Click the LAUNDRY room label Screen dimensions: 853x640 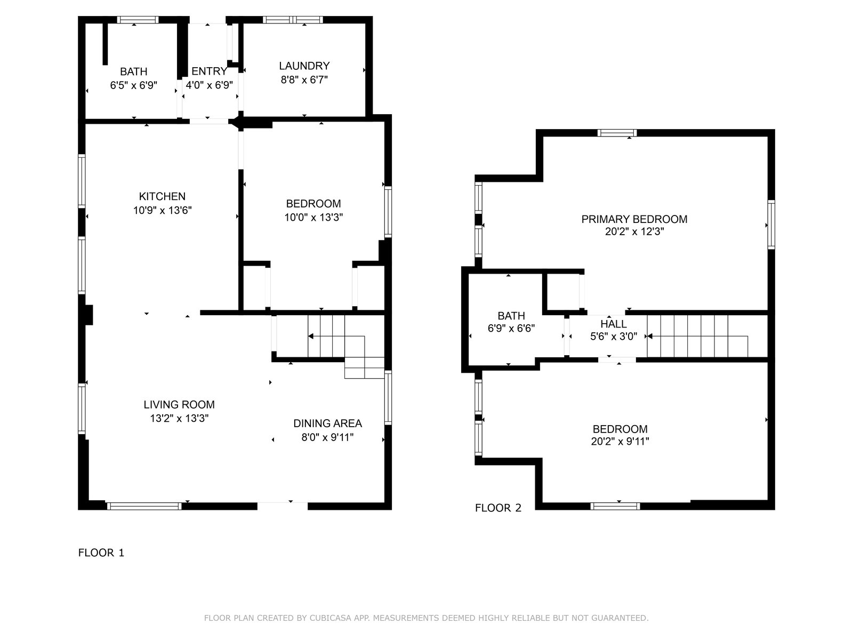(304, 66)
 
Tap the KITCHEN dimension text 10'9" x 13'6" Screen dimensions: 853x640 (163, 210)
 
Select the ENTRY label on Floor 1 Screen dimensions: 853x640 (209, 71)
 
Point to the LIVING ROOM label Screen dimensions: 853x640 (179, 404)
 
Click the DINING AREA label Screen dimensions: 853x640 (327, 423)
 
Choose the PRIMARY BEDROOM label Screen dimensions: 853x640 (634, 219)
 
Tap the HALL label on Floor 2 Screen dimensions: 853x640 (614, 324)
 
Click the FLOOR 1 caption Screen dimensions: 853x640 (101, 553)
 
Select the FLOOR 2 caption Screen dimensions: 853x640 (498, 508)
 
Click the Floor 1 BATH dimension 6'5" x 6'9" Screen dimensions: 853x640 (134, 85)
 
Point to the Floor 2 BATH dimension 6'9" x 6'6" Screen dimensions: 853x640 (511, 329)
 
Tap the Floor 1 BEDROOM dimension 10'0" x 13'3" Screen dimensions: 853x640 (313, 217)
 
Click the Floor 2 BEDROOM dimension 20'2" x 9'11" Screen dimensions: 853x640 (620, 441)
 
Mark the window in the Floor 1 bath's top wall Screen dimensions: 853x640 (138, 20)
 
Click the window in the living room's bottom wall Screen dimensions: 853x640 (144, 506)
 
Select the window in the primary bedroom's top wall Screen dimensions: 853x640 (617, 133)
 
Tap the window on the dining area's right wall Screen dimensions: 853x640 (388, 397)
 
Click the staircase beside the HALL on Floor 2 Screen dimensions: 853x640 (697, 336)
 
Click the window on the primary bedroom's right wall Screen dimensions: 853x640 (771, 225)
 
